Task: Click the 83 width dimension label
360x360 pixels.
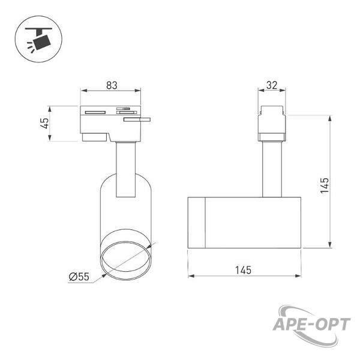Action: pyautogui.click(x=112, y=85)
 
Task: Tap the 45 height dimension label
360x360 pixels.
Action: pyautogui.click(x=44, y=123)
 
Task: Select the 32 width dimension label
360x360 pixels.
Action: pyautogui.click(x=272, y=85)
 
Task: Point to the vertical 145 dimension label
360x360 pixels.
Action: pyautogui.click(x=325, y=185)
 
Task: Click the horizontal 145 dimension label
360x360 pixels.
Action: pyautogui.click(x=243, y=270)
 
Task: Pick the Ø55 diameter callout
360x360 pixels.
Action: pyautogui.click(x=79, y=277)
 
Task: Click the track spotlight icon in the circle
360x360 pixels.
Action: pyautogui.click(x=38, y=39)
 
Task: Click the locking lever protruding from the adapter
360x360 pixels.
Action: pyautogui.click(x=137, y=119)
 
